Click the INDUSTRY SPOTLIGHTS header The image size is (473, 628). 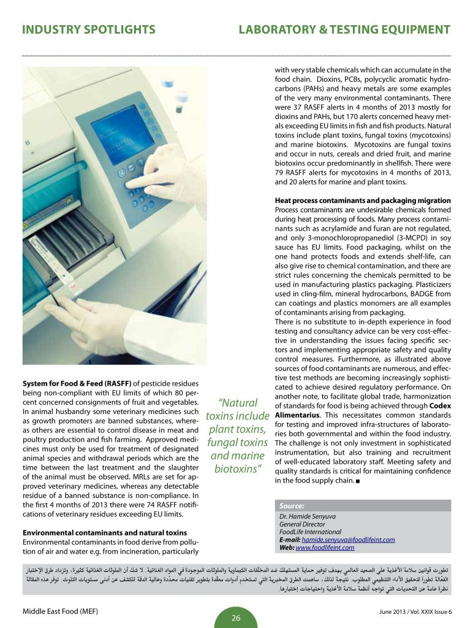coord(88,30)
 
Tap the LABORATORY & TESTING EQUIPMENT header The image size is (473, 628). coord(344,30)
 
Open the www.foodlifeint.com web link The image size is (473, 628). coord(325,548)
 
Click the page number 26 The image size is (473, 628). coord(236,618)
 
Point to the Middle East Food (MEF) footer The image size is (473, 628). coord(60,611)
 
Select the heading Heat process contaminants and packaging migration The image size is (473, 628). coord(363,201)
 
